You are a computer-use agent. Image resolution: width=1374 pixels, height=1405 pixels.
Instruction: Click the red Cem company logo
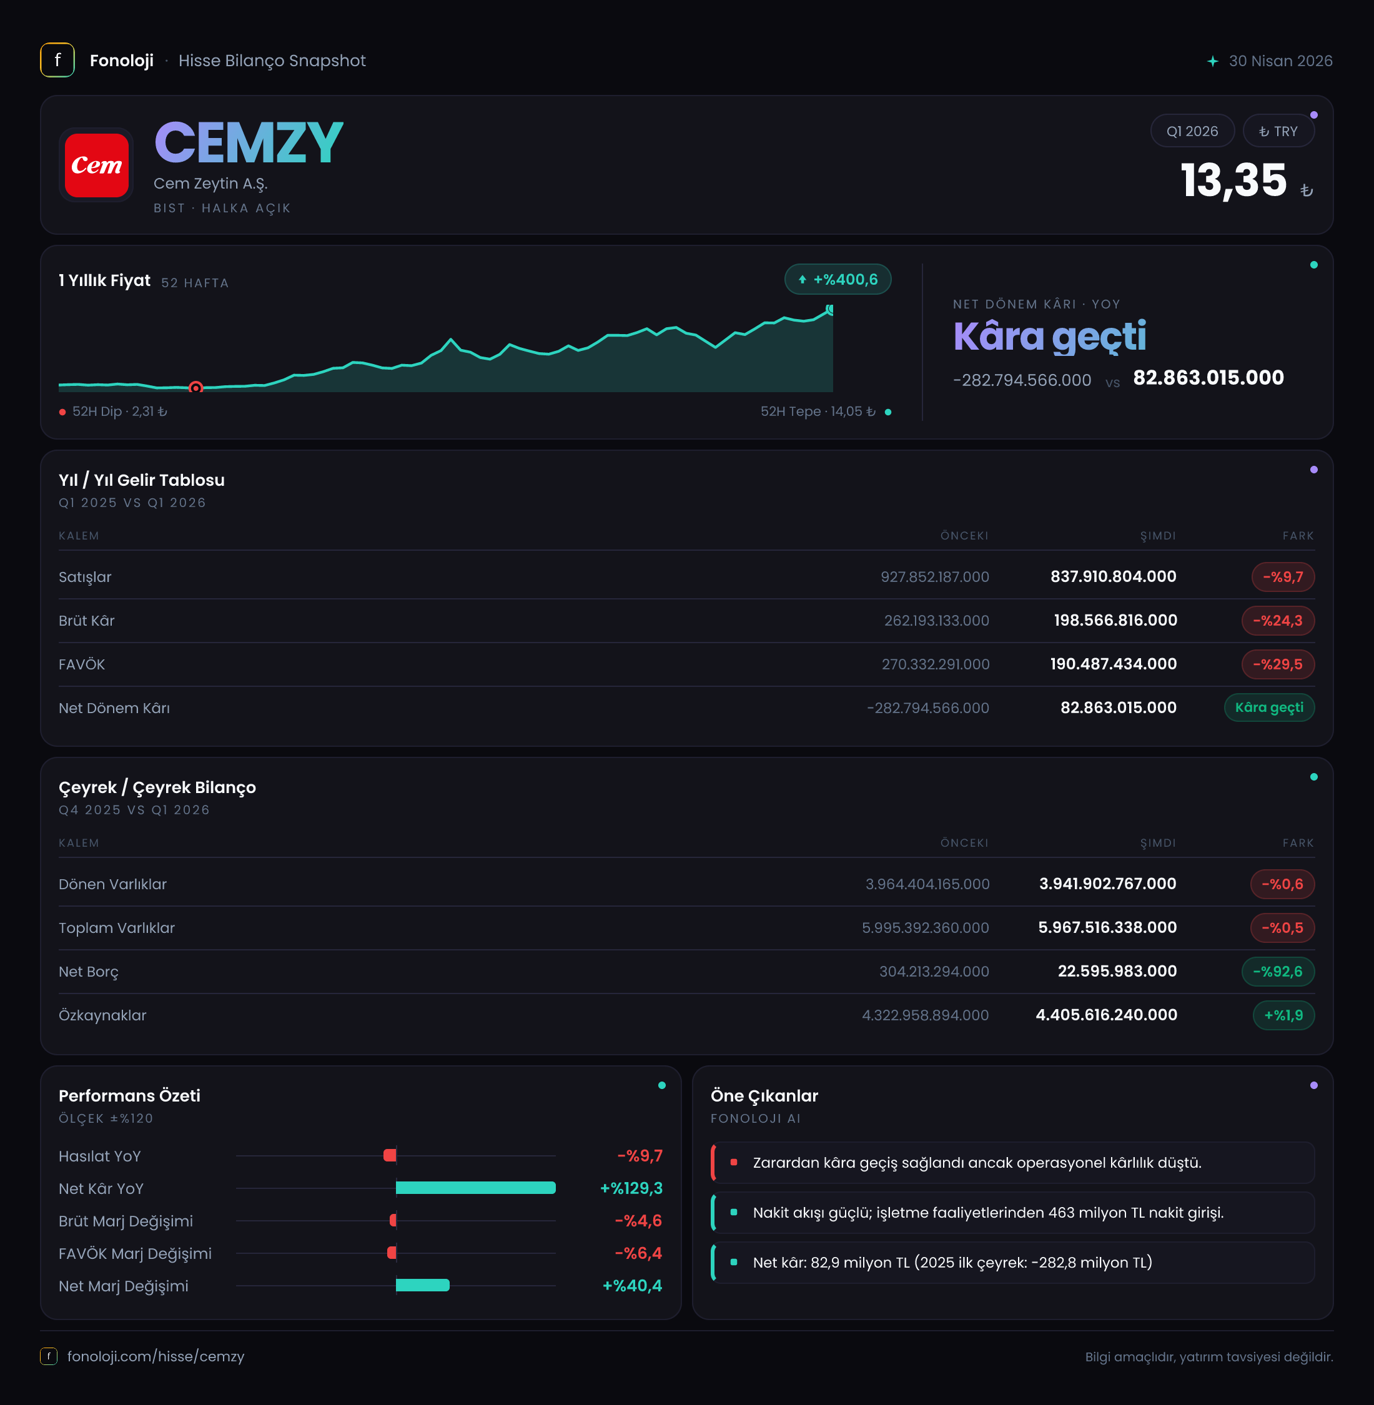click(97, 165)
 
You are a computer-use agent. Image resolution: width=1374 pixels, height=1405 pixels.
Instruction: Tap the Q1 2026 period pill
click(1192, 131)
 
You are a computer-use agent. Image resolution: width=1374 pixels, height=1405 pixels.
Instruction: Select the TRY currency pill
click(1278, 131)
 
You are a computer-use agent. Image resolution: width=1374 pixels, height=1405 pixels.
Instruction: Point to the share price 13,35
click(1233, 180)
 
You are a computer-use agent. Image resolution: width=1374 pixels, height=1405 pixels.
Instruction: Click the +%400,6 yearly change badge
click(838, 279)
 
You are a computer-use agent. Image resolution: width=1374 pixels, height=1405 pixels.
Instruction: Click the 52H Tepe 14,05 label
click(818, 412)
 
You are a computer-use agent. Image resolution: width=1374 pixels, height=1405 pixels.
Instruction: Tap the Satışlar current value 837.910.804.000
click(1114, 576)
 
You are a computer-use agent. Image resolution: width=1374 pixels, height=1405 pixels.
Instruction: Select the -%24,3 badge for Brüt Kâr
click(1277, 621)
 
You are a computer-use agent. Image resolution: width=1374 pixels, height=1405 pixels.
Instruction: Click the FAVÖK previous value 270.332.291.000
click(935, 664)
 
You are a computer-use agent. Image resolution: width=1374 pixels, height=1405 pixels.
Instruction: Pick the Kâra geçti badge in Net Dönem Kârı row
click(1269, 708)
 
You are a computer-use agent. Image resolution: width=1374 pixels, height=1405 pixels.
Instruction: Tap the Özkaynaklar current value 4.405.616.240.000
click(1106, 1015)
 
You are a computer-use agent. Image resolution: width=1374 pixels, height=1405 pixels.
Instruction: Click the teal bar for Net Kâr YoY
click(475, 1188)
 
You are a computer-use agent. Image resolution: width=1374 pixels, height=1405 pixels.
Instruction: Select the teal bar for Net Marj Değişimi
click(423, 1285)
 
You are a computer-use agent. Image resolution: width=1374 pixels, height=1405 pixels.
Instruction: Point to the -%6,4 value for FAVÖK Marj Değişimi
click(639, 1253)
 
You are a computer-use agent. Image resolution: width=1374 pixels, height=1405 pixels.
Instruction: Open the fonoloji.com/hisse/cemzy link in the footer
click(156, 1357)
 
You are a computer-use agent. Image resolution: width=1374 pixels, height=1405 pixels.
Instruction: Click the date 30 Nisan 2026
click(1280, 61)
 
